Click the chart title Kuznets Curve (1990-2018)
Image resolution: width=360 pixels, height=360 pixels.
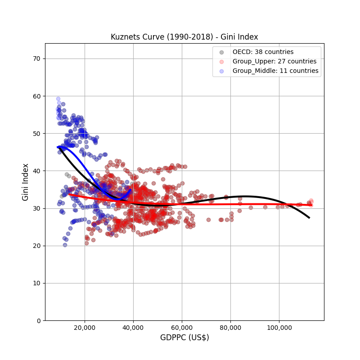[184, 37]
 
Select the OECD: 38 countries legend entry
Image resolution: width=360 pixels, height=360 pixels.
[263, 52]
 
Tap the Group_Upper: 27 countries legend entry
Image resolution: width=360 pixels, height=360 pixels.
[274, 61]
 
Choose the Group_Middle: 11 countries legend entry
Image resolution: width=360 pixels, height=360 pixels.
[275, 71]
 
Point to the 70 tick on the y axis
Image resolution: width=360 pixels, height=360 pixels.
[36, 58]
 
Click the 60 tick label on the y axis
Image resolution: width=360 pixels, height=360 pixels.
[36, 96]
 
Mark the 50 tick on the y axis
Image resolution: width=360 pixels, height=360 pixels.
[36, 133]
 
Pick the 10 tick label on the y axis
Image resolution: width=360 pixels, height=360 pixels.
[36, 283]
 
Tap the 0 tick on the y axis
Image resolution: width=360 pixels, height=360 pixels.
[38, 320]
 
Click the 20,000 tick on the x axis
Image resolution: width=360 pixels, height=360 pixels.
[85, 327]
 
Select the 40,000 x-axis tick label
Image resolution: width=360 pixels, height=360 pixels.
[133, 327]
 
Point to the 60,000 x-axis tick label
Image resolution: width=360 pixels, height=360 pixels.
[182, 327]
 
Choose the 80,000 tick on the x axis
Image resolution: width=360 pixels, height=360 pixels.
[230, 327]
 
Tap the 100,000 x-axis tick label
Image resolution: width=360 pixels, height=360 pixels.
[279, 327]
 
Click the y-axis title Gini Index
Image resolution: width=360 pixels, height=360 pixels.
[26, 182]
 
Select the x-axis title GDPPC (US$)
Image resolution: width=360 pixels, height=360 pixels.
[184, 337]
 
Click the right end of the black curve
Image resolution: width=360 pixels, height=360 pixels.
[309, 218]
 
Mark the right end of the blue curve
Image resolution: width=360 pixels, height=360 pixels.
[130, 189]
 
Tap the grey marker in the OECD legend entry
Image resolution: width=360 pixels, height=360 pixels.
[221, 52]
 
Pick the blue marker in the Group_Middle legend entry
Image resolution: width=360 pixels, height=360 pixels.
[221, 71]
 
